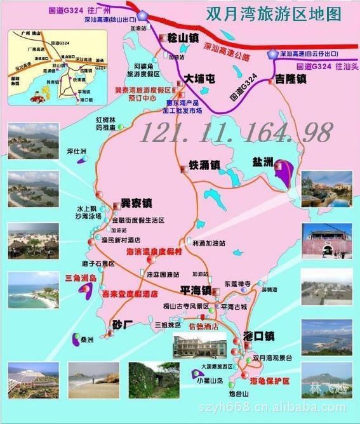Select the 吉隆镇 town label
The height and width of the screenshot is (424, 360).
[x=291, y=79]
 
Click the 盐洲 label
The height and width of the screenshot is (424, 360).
[x=261, y=162]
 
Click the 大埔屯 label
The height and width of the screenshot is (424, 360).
[x=201, y=79]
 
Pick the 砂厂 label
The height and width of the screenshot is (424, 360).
[x=123, y=325]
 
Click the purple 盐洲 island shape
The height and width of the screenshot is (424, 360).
[x=284, y=173]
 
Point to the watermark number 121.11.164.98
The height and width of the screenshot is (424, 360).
[x=236, y=132]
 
